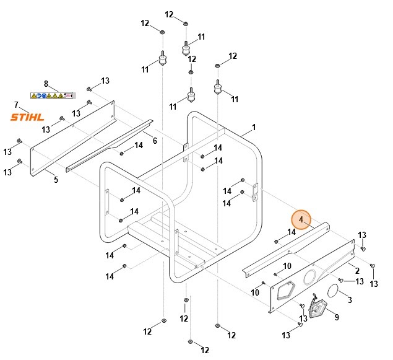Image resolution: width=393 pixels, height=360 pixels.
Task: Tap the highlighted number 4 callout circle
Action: (x=301, y=219)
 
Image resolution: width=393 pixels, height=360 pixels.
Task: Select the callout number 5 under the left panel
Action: (x=56, y=180)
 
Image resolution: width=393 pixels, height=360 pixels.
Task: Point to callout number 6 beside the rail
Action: (x=155, y=141)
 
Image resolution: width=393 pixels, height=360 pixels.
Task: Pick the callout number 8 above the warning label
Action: (x=46, y=84)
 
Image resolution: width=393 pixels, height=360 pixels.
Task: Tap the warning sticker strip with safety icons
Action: (x=53, y=95)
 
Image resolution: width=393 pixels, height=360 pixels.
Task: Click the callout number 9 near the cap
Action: (x=337, y=318)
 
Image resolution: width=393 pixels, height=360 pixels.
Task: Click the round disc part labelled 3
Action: (x=332, y=291)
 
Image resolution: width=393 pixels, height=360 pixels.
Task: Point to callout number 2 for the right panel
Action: (x=357, y=271)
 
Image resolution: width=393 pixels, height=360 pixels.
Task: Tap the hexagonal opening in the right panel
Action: (x=285, y=290)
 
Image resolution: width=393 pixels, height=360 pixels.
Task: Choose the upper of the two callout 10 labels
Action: (x=287, y=266)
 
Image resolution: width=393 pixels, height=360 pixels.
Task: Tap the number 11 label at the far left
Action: (x=145, y=69)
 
